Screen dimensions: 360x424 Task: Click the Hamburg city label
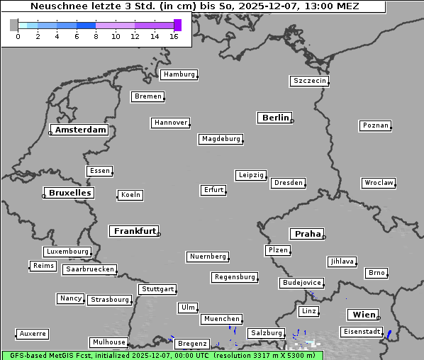click(x=178, y=74)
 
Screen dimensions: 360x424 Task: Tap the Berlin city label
click(x=275, y=118)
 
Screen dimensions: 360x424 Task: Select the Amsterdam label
click(x=80, y=130)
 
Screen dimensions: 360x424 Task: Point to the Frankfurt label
click(x=135, y=231)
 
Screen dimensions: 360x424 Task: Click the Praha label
click(x=308, y=234)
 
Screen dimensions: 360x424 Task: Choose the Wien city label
click(x=363, y=315)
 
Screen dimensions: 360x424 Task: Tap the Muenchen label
click(x=221, y=320)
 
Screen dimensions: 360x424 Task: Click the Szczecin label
click(x=310, y=81)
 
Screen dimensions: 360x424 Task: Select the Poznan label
click(x=375, y=125)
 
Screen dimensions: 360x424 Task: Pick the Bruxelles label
click(x=69, y=193)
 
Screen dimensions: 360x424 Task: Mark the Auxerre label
click(x=33, y=333)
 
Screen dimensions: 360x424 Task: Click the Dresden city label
click(x=289, y=183)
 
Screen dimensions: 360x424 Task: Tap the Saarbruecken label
click(x=89, y=269)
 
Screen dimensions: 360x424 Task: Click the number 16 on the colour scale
click(x=174, y=36)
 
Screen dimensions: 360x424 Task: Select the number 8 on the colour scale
click(x=96, y=36)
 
